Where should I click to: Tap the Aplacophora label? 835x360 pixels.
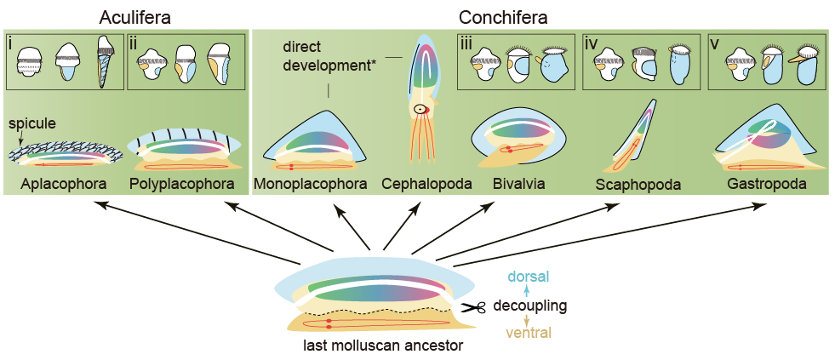pyautogui.click(x=57, y=183)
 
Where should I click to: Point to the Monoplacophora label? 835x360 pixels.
pyautogui.click(x=311, y=183)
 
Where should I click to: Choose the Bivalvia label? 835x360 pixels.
pyautogui.click(x=519, y=183)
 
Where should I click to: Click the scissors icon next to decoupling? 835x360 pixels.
pyautogui.click(x=473, y=307)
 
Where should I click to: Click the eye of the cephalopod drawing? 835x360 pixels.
pyautogui.click(x=418, y=109)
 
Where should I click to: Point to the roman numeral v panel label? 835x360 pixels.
pyautogui.click(x=718, y=42)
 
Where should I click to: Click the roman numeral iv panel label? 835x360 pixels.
pyautogui.click(x=592, y=42)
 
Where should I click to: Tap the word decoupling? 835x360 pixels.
pyautogui.click(x=530, y=306)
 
